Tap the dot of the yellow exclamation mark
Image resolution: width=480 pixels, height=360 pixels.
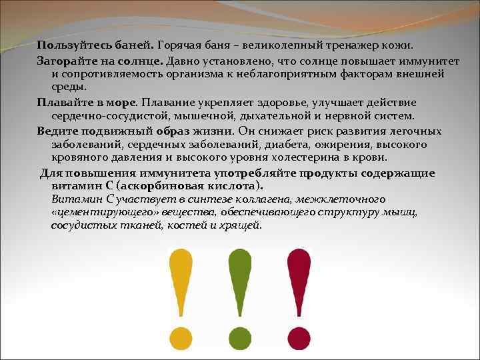(181, 337)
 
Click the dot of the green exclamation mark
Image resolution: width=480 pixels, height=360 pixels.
(240, 337)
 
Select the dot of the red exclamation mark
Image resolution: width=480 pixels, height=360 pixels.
(299, 337)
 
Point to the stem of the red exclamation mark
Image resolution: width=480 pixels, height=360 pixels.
(299, 280)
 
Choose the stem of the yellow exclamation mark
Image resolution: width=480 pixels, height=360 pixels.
(181, 280)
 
